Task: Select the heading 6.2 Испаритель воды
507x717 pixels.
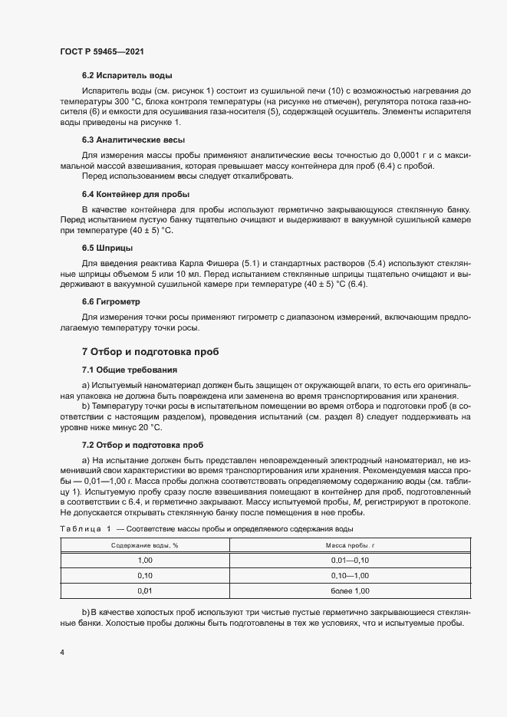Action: click(x=127, y=75)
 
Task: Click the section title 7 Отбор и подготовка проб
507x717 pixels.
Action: click(x=150, y=352)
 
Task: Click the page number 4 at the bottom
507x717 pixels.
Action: click(x=62, y=652)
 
